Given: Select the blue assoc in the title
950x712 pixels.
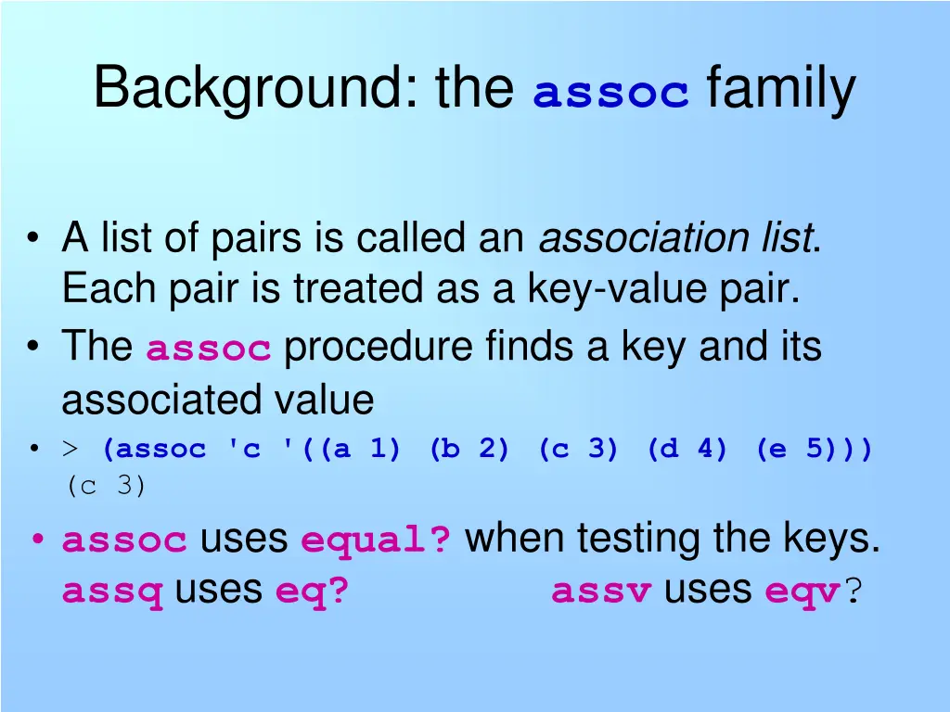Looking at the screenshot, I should pos(611,94).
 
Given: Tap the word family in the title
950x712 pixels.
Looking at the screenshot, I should pos(780,90).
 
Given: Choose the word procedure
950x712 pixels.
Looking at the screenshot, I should pos(379,348).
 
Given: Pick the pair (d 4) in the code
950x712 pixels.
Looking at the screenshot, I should pos(687,450).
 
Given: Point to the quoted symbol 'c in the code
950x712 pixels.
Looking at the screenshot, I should pos(244,450).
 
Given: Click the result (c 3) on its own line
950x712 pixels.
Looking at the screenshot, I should pos(106,486).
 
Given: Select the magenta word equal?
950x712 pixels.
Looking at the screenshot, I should pos(377,540).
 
